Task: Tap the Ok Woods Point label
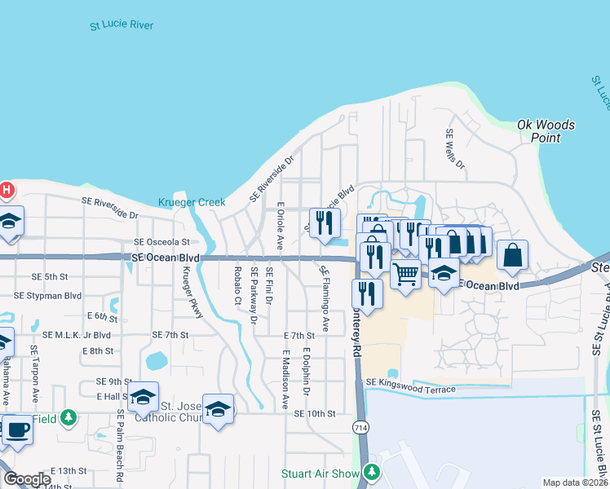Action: [546, 131]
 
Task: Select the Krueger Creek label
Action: [191, 202]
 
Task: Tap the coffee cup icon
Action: [17, 430]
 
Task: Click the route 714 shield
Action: [359, 426]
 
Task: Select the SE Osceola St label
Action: [161, 242]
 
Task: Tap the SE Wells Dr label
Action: [454, 149]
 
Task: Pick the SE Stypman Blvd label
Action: [50, 296]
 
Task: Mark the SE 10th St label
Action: [314, 414]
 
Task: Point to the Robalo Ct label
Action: [238, 286]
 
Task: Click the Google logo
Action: [26, 479]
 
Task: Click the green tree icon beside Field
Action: [69, 417]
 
